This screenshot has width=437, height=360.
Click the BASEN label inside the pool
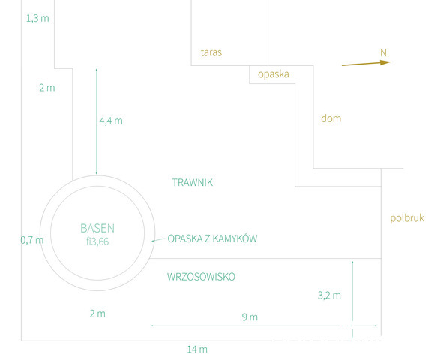[x=97, y=229]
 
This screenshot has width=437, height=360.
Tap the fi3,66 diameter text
[x=97, y=241]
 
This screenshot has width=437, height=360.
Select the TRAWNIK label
[x=193, y=182]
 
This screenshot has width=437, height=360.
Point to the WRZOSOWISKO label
[x=201, y=277]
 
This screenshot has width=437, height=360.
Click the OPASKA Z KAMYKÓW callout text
[x=212, y=238]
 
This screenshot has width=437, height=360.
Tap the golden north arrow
[x=367, y=64]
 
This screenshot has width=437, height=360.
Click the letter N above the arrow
[x=383, y=52]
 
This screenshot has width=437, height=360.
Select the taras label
[x=211, y=52]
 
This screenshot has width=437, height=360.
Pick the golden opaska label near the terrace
[x=273, y=74]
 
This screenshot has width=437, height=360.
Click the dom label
[x=331, y=118]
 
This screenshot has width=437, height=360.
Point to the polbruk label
[x=407, y=218]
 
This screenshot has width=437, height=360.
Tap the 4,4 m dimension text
[x=111, y=121]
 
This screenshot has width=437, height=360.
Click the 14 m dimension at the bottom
[x=197, y=349]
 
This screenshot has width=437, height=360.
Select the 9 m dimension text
[x=250, y=317]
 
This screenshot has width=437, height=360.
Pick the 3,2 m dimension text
[x=329, y=295]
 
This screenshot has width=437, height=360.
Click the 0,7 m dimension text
[x=32, y=240]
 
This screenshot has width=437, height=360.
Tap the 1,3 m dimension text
[x=37, y=19]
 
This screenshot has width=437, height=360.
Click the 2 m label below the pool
[x=97, y=313]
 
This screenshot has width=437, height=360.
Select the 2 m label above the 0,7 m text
[x=47, y=88]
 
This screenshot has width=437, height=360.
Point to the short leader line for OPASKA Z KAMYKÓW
[x=158, y=239]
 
